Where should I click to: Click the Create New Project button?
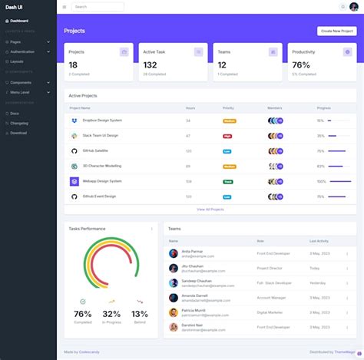tap(336, 31)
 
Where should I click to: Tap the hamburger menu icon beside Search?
tap(65, 7)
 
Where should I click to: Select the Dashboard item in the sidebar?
tap(19, 21)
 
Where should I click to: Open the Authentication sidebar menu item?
tap(23, 51)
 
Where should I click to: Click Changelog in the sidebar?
tap(19, 123)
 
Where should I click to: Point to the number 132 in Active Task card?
tap(150, 65)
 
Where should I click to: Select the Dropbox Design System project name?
tap(102, 121)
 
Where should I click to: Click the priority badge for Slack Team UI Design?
tap(227, 136)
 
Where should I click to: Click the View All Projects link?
tap(210, 209)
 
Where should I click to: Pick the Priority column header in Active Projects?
tap(228, 108)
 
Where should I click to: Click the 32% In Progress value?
tap(111, 314)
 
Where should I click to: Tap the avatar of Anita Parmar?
tap(174, 253)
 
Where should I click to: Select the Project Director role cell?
tap(270, 268)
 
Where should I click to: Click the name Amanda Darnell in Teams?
tap(194, 296)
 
